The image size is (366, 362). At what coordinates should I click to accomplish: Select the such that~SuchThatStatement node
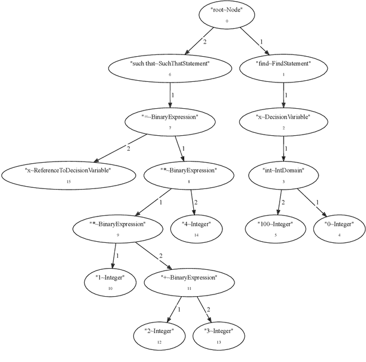pyautogui.click(x=170, y=68)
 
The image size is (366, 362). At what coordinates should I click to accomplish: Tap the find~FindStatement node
pyautogui.click(x=283, y=68)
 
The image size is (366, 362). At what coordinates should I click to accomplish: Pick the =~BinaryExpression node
pyautogui.click(x=170, y=121)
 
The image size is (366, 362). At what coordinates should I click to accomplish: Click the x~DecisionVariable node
pyautogui.click(x=283, y=121)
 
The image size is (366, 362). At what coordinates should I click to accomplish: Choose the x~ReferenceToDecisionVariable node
pyautogui.click(x=68, y=174)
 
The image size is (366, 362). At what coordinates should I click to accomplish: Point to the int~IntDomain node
pyautogui.click(x=283, y=174)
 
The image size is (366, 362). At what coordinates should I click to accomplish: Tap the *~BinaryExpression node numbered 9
pyautogui.click(x=118, y=228)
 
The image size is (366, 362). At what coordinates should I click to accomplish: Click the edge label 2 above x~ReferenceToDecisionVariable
pyautogui.click(x=128, y=148)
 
